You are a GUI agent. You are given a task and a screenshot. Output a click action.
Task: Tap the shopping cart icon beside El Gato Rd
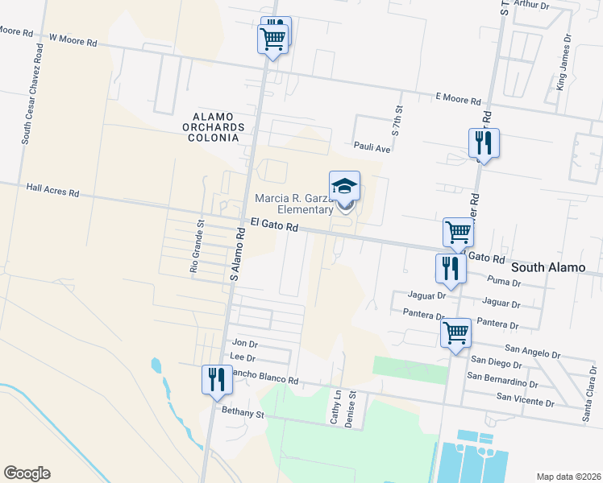458,233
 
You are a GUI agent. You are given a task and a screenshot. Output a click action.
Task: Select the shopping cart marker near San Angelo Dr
455,331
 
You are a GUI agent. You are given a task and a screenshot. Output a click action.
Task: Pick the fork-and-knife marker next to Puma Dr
450,268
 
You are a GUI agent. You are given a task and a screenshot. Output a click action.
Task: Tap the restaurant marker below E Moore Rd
484,143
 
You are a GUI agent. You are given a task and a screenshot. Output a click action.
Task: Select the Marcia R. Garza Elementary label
294,204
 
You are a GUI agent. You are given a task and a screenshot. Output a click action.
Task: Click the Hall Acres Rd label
52,192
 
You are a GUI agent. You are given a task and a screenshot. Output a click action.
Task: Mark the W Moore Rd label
73,37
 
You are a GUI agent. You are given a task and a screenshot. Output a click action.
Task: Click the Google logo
27,473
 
